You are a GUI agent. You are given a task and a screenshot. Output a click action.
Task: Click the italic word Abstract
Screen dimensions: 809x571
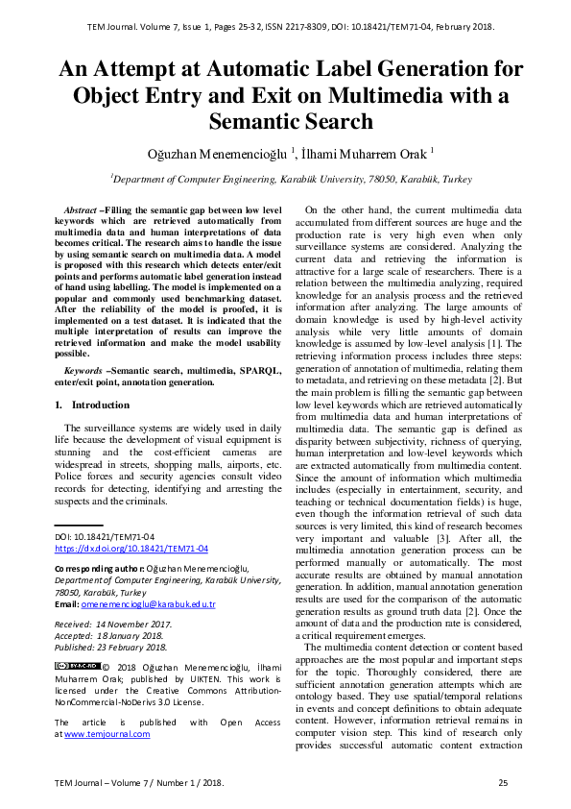pyautogui.click(x=81, y=208)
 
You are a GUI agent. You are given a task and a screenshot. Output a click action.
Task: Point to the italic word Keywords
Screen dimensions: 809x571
pyautogui.click(x=84, y=370)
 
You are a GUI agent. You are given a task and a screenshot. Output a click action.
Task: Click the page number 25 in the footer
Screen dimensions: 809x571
pyautogui.click(x=502, y=784)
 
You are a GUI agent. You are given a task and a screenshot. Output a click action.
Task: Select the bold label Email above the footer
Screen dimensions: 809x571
pyautogui.click(x=65, y=604)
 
